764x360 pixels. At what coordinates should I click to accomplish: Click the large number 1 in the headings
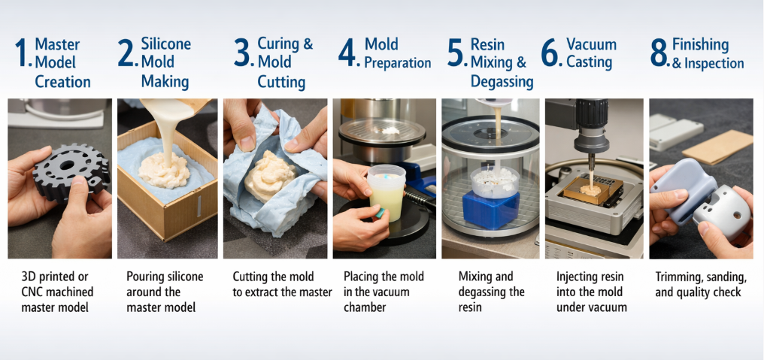(22, 54)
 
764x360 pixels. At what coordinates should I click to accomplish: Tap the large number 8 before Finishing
(659, 54)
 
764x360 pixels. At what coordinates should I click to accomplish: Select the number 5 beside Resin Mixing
(456, 54)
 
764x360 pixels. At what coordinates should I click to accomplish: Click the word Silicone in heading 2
(166, 44)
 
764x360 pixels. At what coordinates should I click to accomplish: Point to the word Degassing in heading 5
(502, 81)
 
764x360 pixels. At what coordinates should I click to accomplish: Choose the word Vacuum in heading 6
(592, 44)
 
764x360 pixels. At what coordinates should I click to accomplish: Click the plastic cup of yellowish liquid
(386, 192)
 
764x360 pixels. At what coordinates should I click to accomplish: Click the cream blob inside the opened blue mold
(269, 173)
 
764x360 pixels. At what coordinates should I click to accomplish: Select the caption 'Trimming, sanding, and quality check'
(700, 284)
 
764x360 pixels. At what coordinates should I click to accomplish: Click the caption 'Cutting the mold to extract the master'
(282, 284)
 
